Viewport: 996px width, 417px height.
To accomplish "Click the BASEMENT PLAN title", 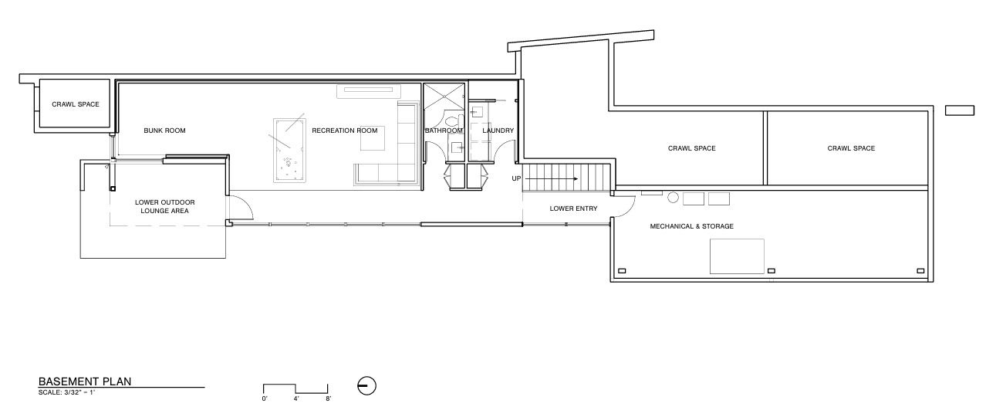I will point(86,381).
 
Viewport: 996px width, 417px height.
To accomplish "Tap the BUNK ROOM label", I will point(164,131).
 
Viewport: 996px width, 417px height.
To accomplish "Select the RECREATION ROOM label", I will point(345,131).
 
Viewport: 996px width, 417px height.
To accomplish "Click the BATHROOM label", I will point(444,131).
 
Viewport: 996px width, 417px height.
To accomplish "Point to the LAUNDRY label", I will point(498,131).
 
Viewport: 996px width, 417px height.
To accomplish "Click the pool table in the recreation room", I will point(289,149).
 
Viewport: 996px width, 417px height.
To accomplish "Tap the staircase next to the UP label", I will point(567,178).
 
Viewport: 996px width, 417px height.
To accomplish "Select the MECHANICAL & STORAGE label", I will point(691,226).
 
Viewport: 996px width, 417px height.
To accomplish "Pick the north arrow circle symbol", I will point(366,385).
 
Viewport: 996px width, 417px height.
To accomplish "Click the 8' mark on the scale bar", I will point(328,399).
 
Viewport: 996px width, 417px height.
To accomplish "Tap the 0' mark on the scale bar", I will point(264,399).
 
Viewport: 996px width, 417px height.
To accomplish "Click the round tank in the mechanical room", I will point(673,198).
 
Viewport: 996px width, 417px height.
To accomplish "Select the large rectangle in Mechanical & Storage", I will point(737,256).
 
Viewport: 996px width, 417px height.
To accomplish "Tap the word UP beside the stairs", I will point(517,179).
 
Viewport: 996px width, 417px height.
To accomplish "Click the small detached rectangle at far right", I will point(961,110).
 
